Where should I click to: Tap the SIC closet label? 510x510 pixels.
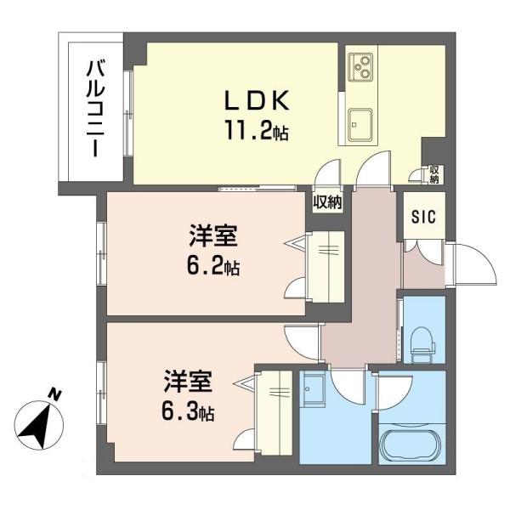coord(423,217)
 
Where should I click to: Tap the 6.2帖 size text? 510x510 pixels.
coord(213,267)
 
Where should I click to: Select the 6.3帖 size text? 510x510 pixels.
coord(188,412)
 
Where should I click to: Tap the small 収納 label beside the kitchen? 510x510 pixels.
coord(433,174)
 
